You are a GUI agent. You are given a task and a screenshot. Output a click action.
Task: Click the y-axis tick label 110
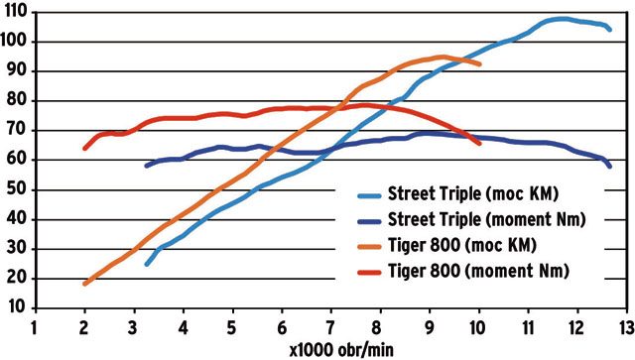point(15,12)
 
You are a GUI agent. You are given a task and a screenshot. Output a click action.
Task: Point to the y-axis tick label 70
point(17,130)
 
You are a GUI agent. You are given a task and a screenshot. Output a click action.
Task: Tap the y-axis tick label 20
point(17,279)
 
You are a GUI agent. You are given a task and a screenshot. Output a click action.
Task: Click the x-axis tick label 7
point(330,327)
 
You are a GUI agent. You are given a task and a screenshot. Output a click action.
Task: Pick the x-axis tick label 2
point(84,327)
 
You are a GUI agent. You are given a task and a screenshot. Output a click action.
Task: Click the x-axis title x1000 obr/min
point(341,349)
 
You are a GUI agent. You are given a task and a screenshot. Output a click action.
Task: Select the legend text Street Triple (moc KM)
point(473,193)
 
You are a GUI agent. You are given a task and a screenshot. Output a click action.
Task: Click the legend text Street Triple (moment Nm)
point(487,219)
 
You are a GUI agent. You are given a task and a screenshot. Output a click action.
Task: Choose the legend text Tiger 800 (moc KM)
point(462,245)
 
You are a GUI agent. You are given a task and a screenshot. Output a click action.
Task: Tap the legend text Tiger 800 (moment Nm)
point(478,271)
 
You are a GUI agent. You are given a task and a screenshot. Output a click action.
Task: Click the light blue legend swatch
point(369,196)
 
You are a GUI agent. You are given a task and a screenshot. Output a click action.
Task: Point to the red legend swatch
point(369,273)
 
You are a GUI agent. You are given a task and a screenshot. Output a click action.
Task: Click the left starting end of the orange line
point(84,284)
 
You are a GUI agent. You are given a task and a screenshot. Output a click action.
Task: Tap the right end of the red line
point(479,144)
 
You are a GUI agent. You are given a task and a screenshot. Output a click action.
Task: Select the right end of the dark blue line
point(609,166)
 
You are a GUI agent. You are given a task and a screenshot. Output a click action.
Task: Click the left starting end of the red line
point(84,148)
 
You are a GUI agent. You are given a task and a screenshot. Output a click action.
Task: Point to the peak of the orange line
point(444,57)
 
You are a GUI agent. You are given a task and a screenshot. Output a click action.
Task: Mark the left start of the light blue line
point(147,265)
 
